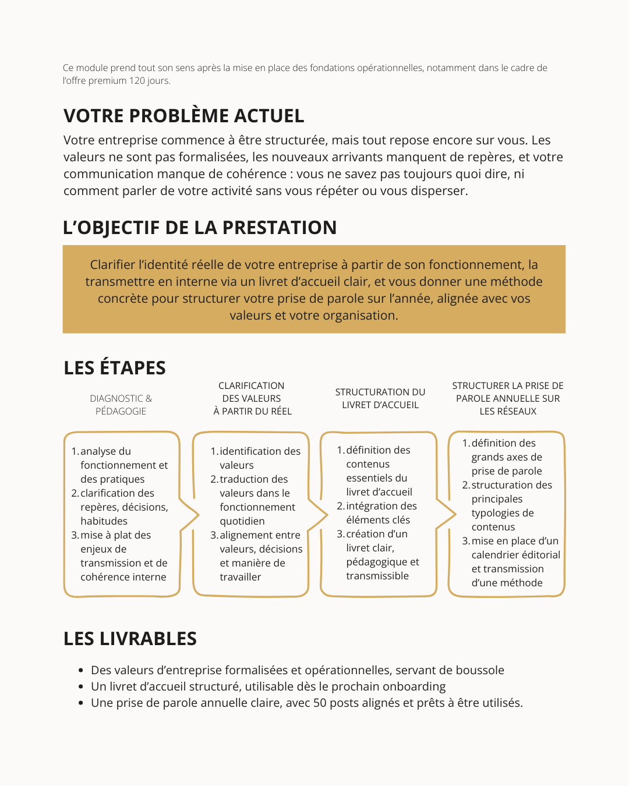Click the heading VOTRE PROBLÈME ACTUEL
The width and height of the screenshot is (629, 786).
pyautogui.click(x=183, y=116)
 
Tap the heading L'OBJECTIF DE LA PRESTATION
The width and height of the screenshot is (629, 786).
pyautogui.click(x=200, y=228)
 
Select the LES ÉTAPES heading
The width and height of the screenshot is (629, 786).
pyautogui.click(x=115, y=368)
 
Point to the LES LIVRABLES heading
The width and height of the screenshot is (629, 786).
pyautogui.click(x=130, y=639)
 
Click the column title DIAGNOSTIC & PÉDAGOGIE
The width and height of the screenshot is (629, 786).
pyautogui.click(x=121, y=405)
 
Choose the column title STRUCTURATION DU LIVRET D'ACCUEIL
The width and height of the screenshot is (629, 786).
pyautogui.click(x=380, y=398)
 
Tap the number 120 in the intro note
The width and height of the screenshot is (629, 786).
pyautogui.click(x=137, y=81)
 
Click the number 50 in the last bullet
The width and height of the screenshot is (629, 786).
pyautogui.click(x=320, y=703)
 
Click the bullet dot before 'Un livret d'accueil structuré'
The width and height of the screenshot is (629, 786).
pyautogui.click(x=81, y=687)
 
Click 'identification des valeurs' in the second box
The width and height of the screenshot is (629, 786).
pyautogui.click(x=260, y=458)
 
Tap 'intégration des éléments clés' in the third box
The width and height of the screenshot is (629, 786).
pyautogui.click(x=381, y=513)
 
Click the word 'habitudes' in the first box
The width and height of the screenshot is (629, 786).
pyautogui.click(x=104, y=521)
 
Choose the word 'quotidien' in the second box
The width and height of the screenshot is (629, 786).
pyautogui.click(x=242, y=521)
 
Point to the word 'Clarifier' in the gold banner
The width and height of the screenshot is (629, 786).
pyautogui.click(x=112, y=265)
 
